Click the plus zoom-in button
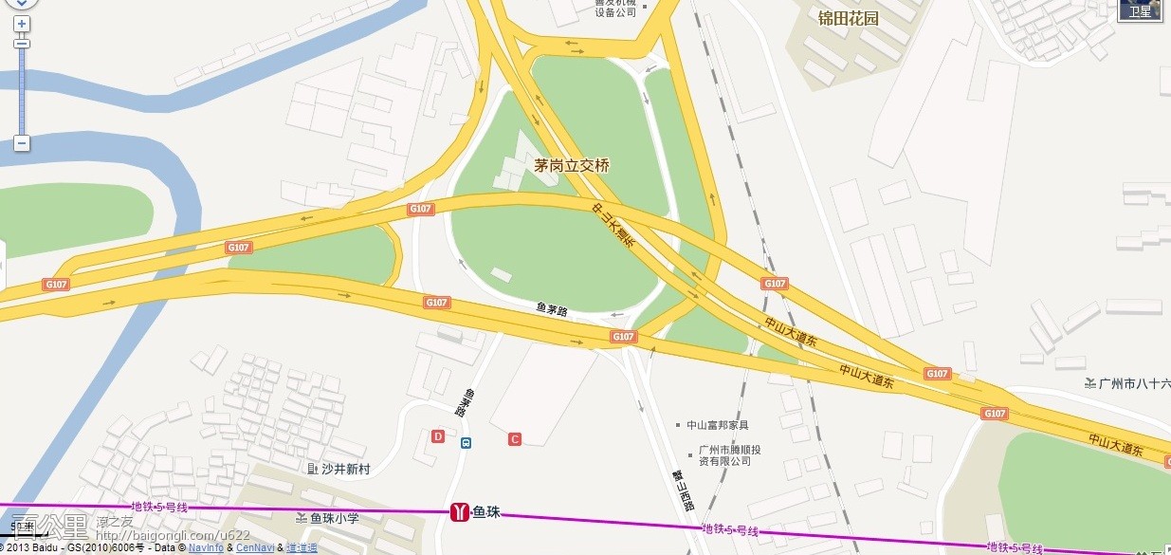click(x=21, y=23)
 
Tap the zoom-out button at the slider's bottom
click(x=21, y=143)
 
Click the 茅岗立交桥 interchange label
click(x=572, y=165)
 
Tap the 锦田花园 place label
click(x=849, y=18)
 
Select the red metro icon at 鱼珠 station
click(x=459, y=513)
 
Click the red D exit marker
click(x=438, y=436)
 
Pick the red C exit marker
click(x=515, y=438)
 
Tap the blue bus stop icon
click(x=466, y=442)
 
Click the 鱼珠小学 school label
click(x=333, y=518)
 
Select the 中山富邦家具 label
click(x=717, y=425)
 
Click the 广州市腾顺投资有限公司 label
click(x=729, y=455)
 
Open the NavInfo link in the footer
click(x=206, y=548)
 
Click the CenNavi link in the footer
click(x=255, y=548)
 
